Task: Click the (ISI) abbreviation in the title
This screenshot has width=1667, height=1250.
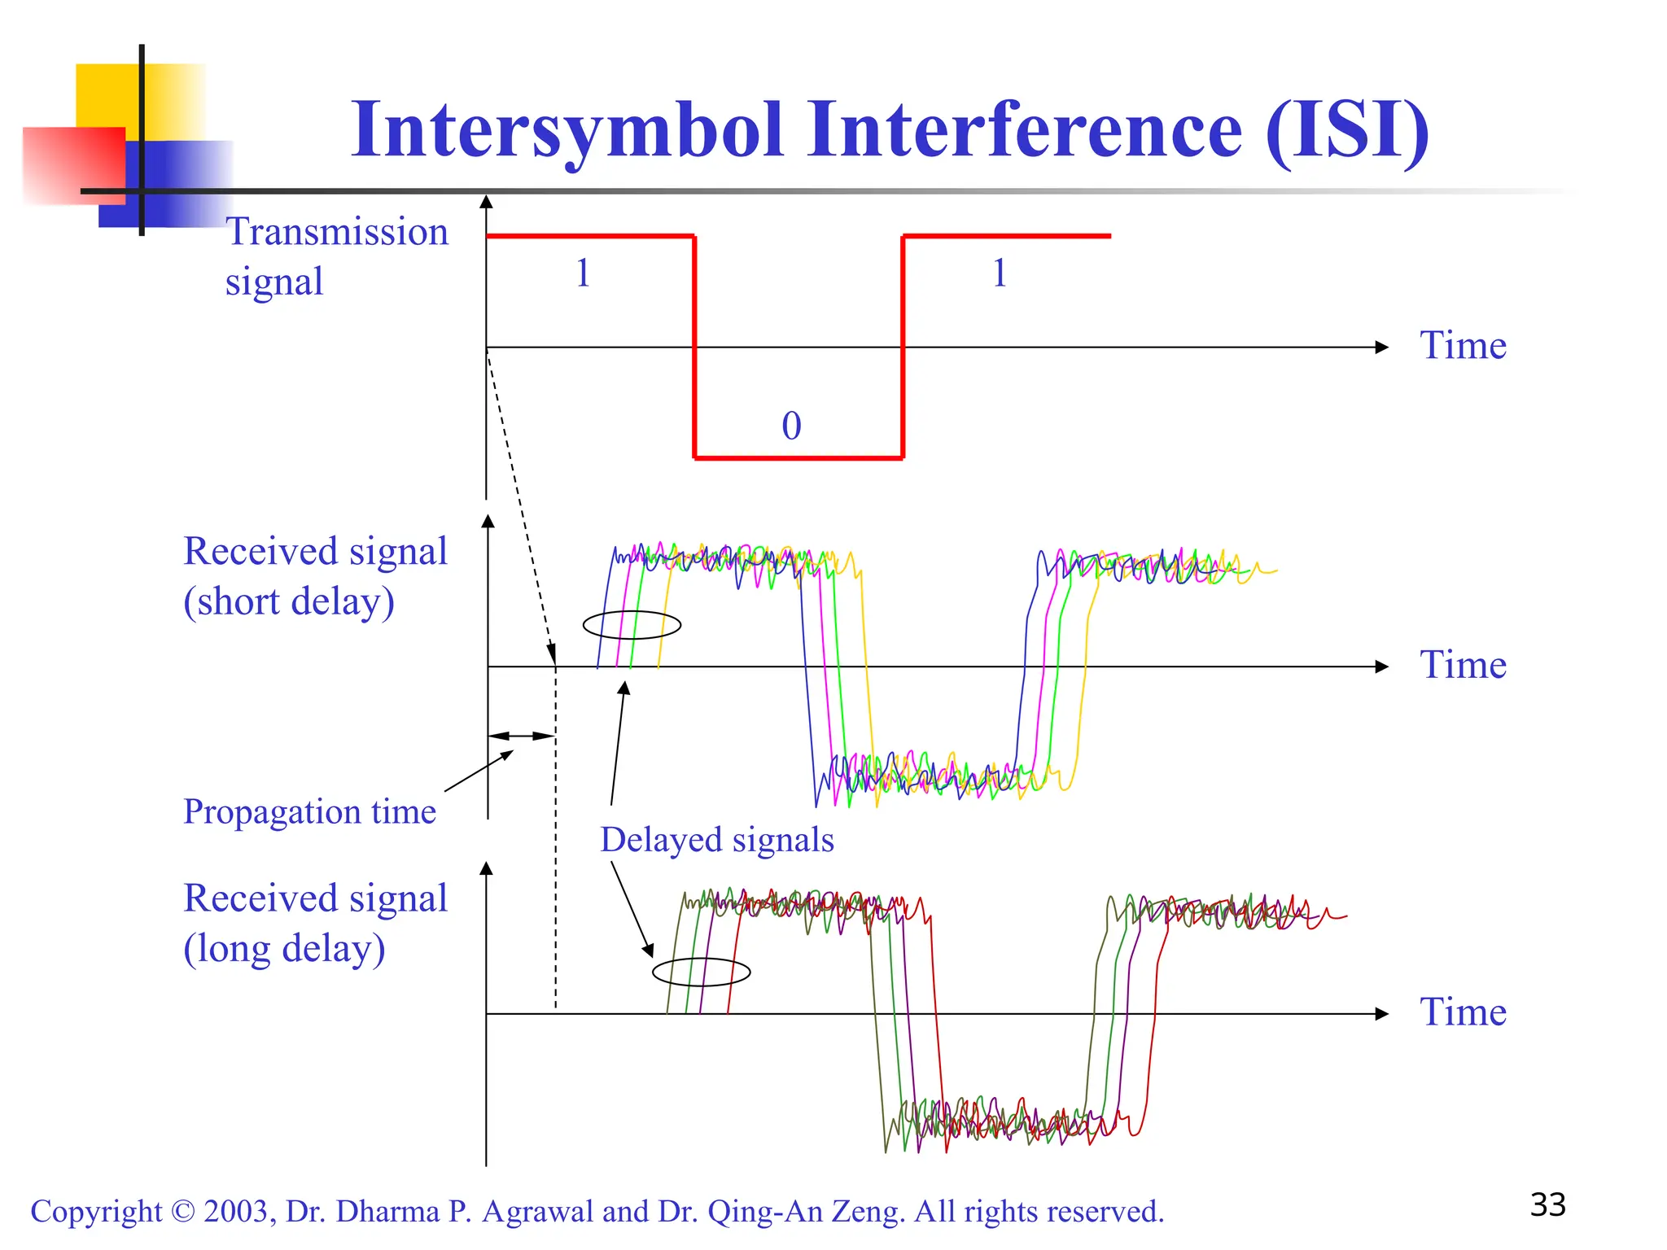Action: tap(1347, 130)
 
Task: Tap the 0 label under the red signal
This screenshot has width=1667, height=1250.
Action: tap(791, 426)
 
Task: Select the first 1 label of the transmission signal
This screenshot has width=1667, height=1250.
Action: tap(583, 273)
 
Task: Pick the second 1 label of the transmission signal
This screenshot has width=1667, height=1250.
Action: tap(1000, 273)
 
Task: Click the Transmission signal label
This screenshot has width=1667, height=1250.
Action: tap(336, 256)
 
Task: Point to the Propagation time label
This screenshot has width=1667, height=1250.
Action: tap(309, 811)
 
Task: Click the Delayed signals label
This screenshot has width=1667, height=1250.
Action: tap(717, 840)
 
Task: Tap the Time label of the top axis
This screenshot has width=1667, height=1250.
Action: tap(1463, 345)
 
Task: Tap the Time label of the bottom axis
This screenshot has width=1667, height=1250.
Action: tap(1463, 1012)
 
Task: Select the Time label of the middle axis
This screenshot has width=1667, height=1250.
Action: tap(1463, 664)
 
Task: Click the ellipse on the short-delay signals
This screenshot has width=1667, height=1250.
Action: tap(632, 625)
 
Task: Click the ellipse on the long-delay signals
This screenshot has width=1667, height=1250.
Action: tap(701, 972)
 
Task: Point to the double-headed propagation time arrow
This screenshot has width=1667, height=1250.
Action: tap(522, 736)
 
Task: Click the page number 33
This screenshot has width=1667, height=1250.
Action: tap(1547, 1205)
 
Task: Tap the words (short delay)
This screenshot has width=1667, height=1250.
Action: tap(289, 602)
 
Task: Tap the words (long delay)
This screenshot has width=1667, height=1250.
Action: tap(284, 949)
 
